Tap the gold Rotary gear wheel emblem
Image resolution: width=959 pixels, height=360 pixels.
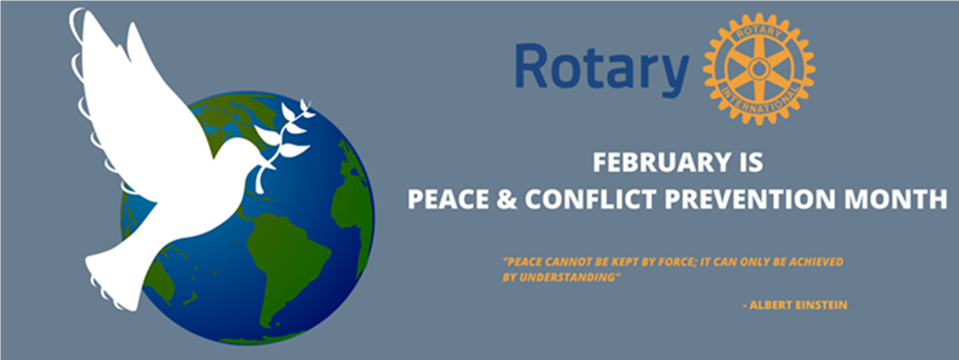point(758,69)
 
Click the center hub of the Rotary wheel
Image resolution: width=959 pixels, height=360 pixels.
point(758,69)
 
